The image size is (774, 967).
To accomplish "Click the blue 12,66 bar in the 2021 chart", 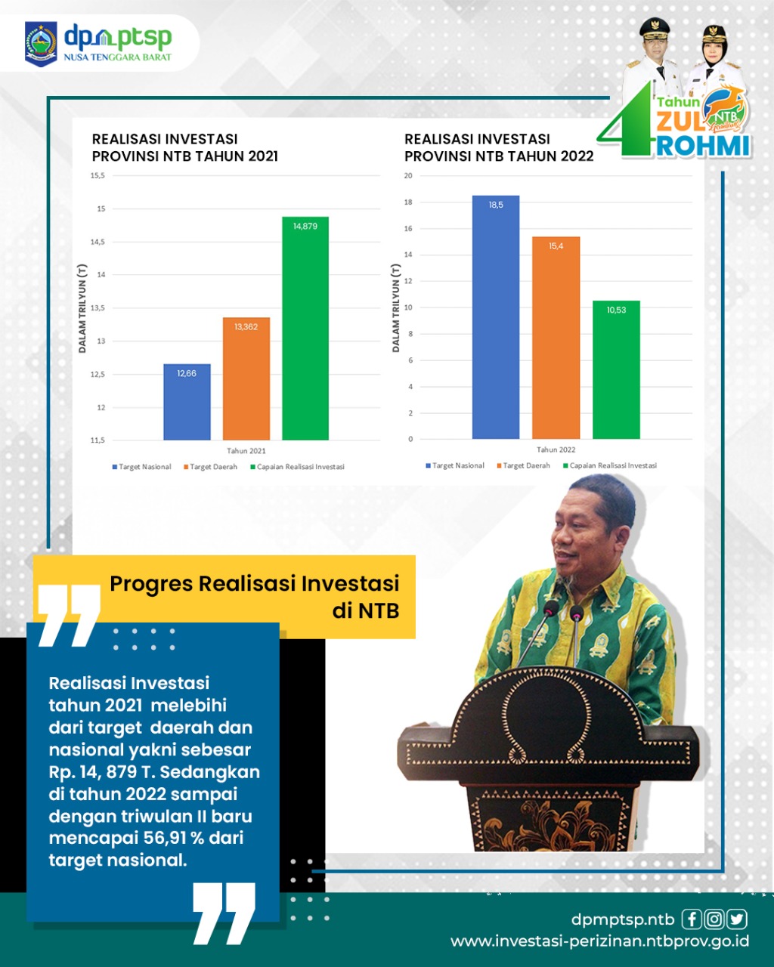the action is coord(187,402).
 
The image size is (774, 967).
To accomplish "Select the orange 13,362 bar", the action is coord(246,378).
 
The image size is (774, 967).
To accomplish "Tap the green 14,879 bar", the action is coord(305,328).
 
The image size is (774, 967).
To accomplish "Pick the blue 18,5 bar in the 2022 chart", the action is coord(496,317).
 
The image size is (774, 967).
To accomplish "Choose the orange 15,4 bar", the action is coord(556,338).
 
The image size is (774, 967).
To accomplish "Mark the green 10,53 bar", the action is coord(616,370).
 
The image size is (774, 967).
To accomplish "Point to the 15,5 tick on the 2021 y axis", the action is coord(98,176).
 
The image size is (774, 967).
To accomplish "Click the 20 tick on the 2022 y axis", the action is coord(408,176).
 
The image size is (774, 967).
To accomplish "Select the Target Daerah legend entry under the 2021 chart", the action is coord(210,467).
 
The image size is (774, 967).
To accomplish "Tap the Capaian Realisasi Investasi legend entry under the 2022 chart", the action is coord(610,465).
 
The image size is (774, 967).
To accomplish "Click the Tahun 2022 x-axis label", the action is coord(556,450).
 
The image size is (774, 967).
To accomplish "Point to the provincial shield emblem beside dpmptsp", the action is coord(41,44).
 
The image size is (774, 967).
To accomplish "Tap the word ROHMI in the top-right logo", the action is coord(703,146).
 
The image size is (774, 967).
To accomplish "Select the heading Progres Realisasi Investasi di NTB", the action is coord(255,597).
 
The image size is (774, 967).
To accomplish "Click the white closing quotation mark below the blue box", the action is coord(224,912).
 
